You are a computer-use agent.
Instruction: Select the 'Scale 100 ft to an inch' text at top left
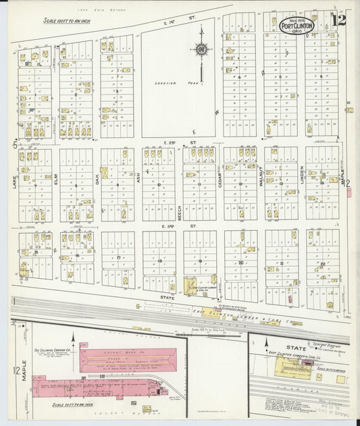(x=66, y=21)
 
